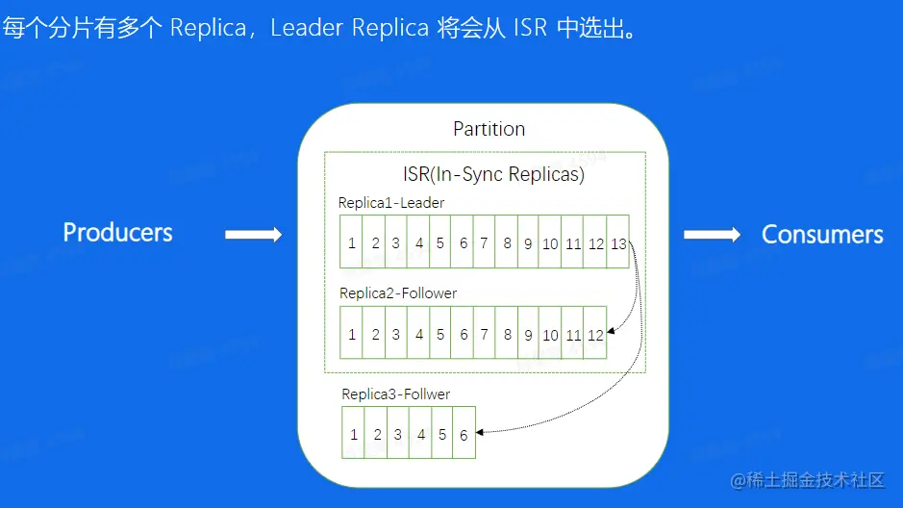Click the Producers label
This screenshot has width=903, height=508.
(x=117, y=233)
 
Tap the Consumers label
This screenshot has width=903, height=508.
(x=822, y=235)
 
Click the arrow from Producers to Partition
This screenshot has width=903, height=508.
(x=253, y=234)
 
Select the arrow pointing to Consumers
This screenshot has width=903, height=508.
(x=712, y=234)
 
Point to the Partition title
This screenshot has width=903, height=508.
(x=489, y=129)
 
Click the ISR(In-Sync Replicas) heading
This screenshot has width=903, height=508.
(x=493, y=176)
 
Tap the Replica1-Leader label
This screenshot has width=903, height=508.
(x=390, y=203)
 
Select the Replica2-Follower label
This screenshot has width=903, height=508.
(x=397, y=292)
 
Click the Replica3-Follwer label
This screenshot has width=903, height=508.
(x=395, y=394)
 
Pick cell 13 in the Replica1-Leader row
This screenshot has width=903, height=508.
(x=618, y=243)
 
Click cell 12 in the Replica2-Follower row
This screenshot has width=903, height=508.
(x=595, y=335)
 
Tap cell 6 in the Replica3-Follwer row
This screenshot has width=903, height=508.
(x=464, y=435)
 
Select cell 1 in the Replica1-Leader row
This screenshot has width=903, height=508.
(x=352, y=243)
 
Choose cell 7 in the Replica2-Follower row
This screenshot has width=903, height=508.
(x=485, y=335)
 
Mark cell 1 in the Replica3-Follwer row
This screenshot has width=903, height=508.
(x=354, y=435)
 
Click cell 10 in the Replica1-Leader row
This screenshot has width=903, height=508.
(x=550, y=243)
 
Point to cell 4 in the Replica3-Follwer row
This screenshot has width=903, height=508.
(x=420, y=435)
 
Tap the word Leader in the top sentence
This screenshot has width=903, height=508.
(x=307, y=27)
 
